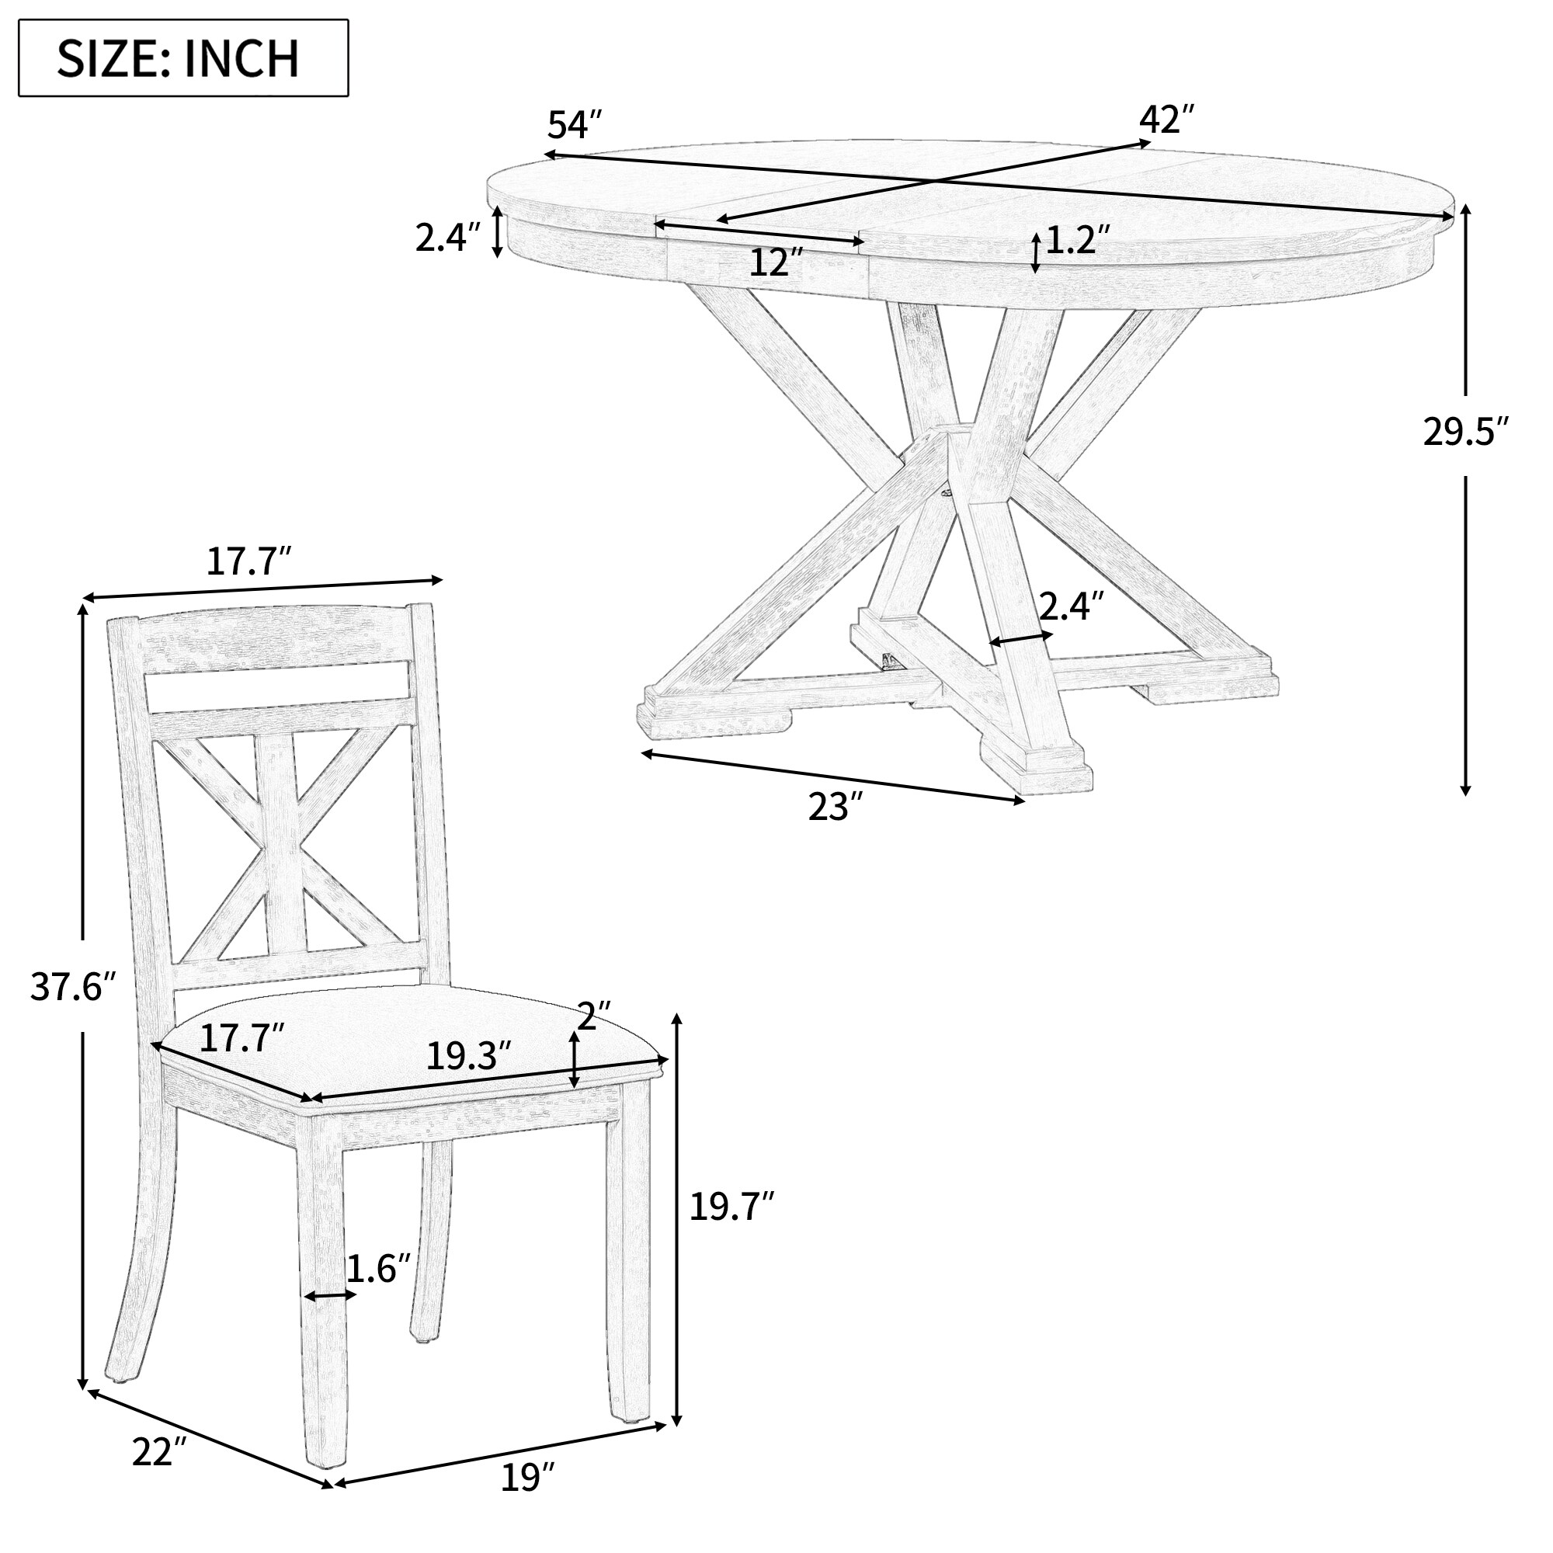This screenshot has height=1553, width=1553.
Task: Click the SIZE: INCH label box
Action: coord(183,58)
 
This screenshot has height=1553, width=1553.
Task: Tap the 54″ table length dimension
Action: coord(575,125)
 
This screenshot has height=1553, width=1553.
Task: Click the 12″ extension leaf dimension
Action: coord(776,262)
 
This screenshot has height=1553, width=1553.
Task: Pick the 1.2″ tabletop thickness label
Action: coord(1078,239)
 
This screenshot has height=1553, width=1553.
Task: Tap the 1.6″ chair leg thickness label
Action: coord(379,1291)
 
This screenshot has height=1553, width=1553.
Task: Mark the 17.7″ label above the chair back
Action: coord(248,561)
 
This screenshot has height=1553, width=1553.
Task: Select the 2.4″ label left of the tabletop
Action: coord(447,238)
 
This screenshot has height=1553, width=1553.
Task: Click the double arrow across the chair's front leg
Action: coord(329,1319)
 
